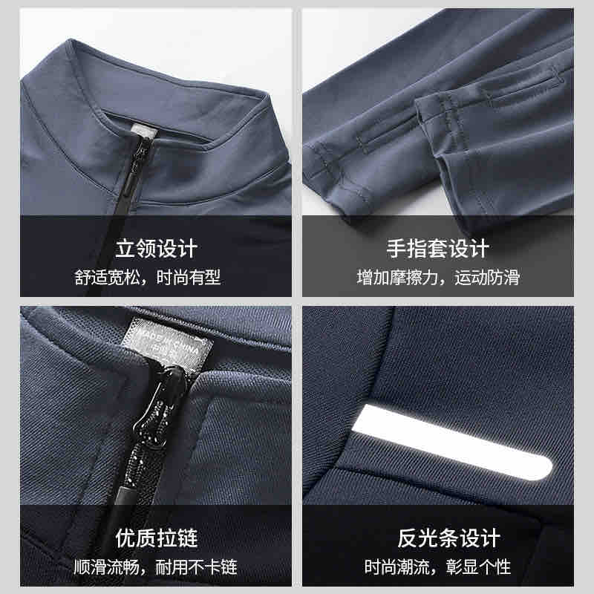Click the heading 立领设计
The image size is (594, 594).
[157, 248]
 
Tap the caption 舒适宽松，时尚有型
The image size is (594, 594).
[147, 277]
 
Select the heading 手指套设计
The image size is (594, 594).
[438, 248]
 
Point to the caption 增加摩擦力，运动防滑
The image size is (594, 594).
[438, 277]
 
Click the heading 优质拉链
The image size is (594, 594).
[157, 538]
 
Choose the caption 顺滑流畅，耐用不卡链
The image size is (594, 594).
[155, 567]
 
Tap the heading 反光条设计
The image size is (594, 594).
[449, 538]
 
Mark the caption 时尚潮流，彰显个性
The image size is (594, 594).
[438, 567]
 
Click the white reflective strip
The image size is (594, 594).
[452, 443]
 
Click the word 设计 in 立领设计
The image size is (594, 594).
[177, 248]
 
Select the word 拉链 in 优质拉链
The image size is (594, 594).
[177, 538]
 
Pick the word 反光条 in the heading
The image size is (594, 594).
[428, 538]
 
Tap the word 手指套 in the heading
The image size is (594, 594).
[417, 248]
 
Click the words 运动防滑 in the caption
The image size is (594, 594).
[487, 277]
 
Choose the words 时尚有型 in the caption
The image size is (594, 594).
[189, 277]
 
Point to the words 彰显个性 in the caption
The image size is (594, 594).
[479, 567]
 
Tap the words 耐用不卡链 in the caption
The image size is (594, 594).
[197, 567]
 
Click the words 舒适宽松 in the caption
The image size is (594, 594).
[106, 277]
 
